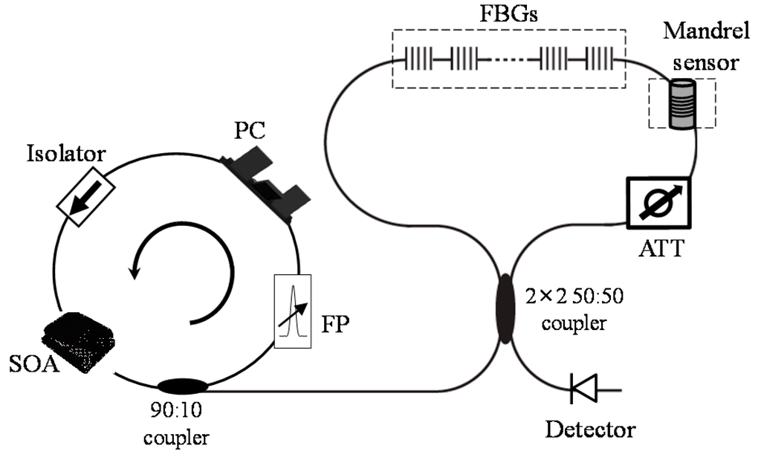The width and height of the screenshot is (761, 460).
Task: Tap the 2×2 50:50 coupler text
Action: pyautogui.click(x=576, y=310)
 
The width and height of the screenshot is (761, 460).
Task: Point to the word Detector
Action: pyautogui.click(x=592, y=429)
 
